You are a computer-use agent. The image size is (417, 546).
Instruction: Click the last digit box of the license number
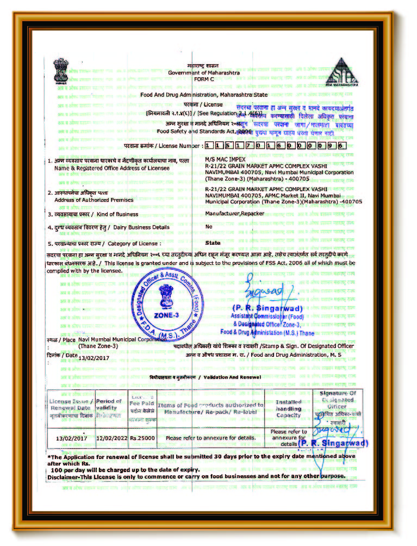click(x=342, y=146)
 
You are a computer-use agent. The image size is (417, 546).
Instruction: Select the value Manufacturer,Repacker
click(x=235, y=214)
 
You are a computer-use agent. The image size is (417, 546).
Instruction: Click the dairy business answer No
click(x=209, y=227)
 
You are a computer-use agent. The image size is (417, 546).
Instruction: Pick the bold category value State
click(x=213, y=243)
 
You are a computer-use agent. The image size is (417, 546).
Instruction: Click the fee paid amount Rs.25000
click(x=142, y=437)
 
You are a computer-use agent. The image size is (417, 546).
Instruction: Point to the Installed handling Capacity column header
click(x=288, y=409)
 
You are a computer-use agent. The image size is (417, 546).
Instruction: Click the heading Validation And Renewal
click(x=231, y=377)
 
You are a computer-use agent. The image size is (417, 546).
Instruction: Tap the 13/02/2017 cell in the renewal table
click(x=71, y=437)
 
